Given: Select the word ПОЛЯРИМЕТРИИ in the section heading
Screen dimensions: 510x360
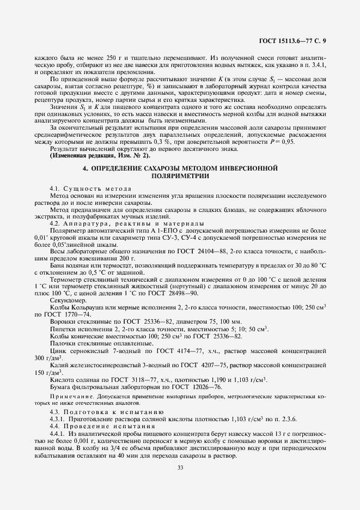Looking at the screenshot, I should click(x=179, y=177).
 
